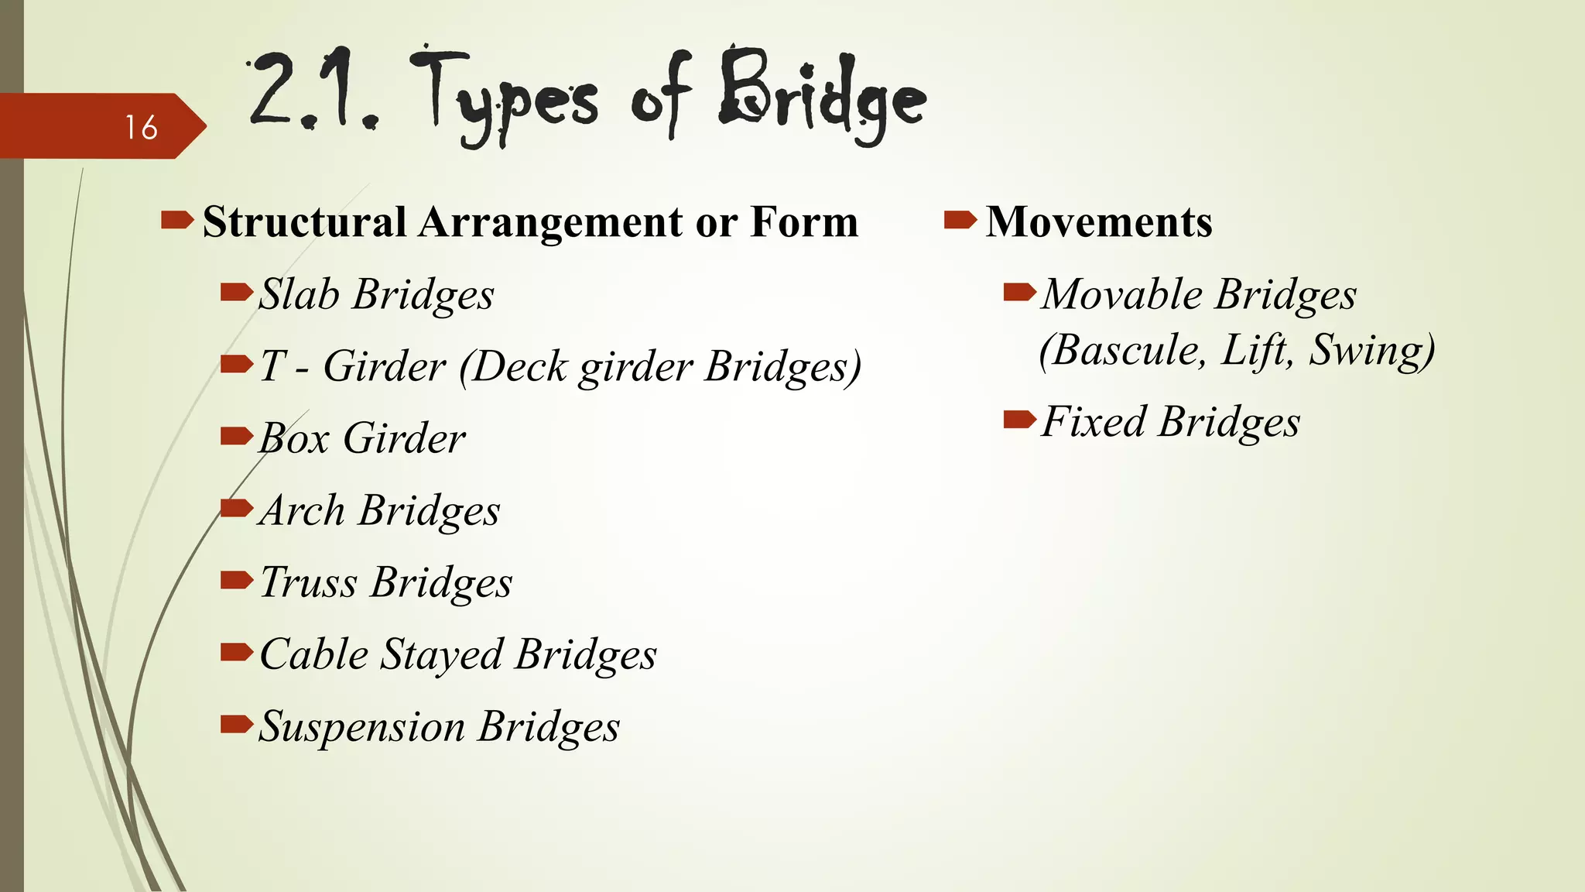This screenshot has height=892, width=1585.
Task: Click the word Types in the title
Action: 503,97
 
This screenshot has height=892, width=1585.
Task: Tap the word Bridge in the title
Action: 822,97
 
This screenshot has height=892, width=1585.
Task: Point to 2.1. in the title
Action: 313,91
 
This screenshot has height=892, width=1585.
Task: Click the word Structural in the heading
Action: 304,222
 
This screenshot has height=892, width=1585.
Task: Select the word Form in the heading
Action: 804,222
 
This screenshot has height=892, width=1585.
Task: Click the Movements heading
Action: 1098,222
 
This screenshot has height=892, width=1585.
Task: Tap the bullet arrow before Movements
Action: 960,221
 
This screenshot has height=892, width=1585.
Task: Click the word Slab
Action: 299,294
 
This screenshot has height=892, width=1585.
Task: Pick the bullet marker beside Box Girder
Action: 236,437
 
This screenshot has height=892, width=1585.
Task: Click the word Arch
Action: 302,510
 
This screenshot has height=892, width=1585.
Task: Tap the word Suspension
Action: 361,726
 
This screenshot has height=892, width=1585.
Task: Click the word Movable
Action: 1121,294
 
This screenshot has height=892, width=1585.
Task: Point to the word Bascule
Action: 1122,350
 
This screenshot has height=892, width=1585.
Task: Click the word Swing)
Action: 1371,350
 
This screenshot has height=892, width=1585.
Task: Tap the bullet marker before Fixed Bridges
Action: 1019,420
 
